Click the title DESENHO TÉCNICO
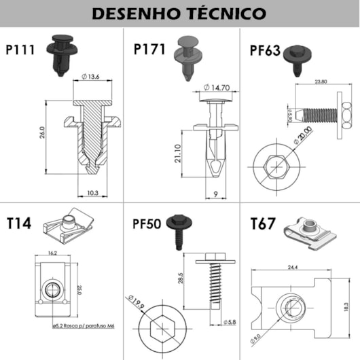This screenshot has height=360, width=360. pos(180,13)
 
